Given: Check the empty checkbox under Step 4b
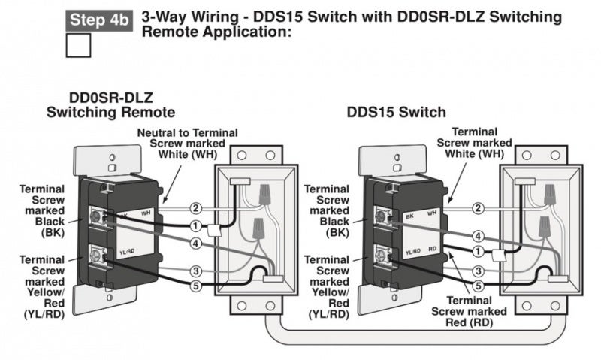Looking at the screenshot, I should (x=79, y=45).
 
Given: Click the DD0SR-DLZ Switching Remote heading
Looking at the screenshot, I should (x=111, y=104).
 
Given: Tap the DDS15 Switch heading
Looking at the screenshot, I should (x=396, y=112).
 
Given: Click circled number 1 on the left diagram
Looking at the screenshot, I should (x=195, y=225).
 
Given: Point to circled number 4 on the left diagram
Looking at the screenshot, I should (x=195, y=243).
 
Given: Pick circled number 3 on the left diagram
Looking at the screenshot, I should (x=195, y=271).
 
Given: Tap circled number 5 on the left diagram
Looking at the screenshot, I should (x=195, y=286).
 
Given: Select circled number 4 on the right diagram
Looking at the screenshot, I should (x=478, y=236).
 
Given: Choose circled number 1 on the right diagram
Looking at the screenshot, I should (x=478, y=251).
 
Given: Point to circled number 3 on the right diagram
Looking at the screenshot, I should (x=478, y=271).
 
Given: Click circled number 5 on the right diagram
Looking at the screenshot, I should (x=478, y=286).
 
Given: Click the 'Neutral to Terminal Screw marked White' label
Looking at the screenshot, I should (x=187, y=143).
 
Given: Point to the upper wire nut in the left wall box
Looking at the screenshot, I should (x=264, y=195).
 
